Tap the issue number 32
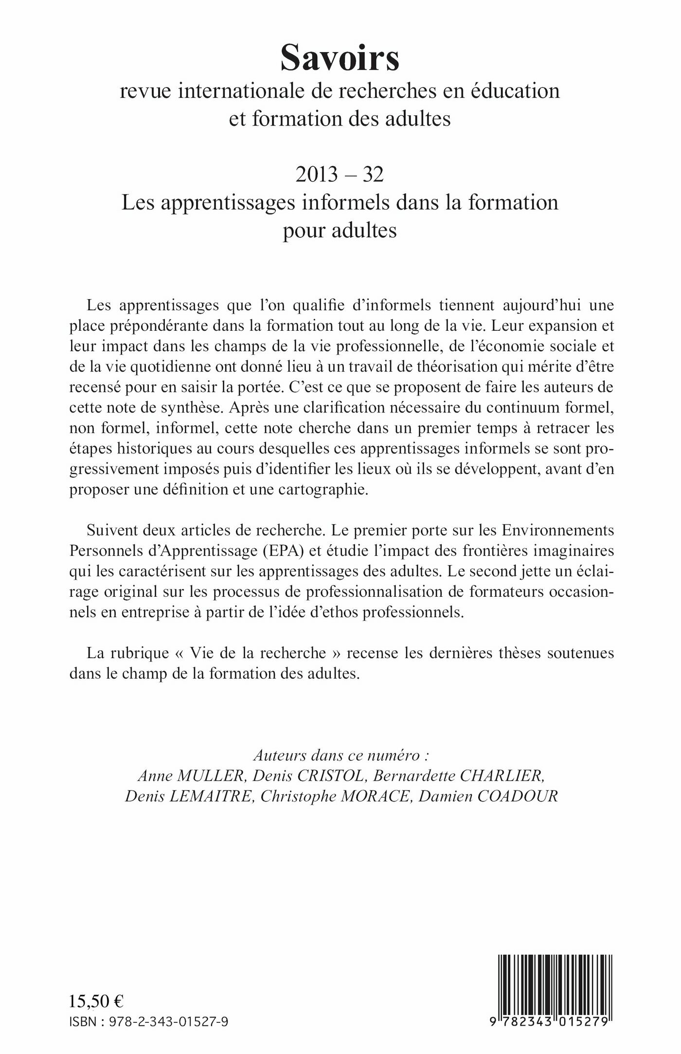pos(373,175)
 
